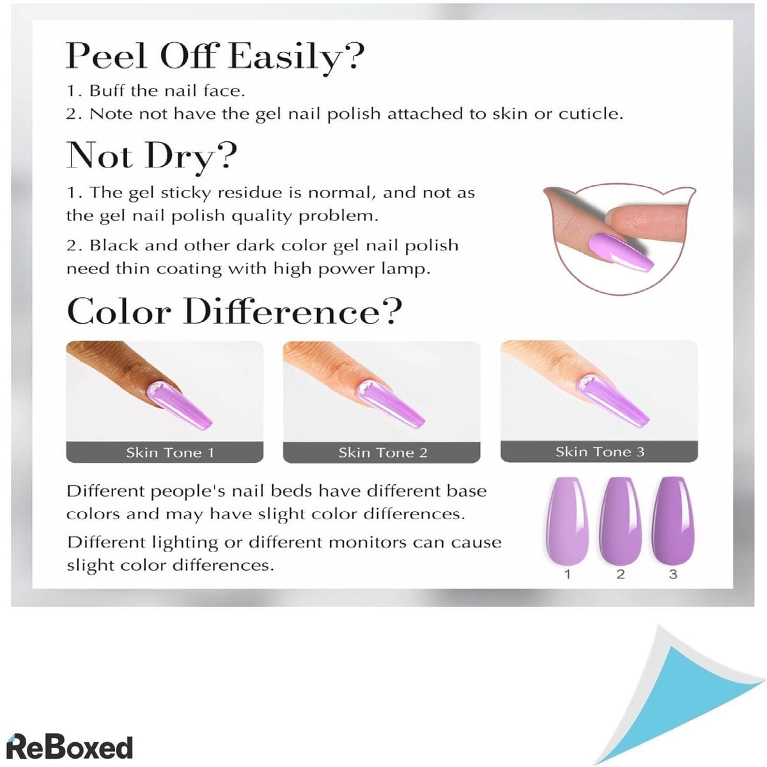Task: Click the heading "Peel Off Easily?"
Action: [215, 56]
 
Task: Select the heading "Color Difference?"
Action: [234, 312]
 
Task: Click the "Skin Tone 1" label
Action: [169, 453]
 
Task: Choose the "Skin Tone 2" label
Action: [382, 453]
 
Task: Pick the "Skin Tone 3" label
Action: [600, 452]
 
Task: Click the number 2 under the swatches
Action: [620, 574]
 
